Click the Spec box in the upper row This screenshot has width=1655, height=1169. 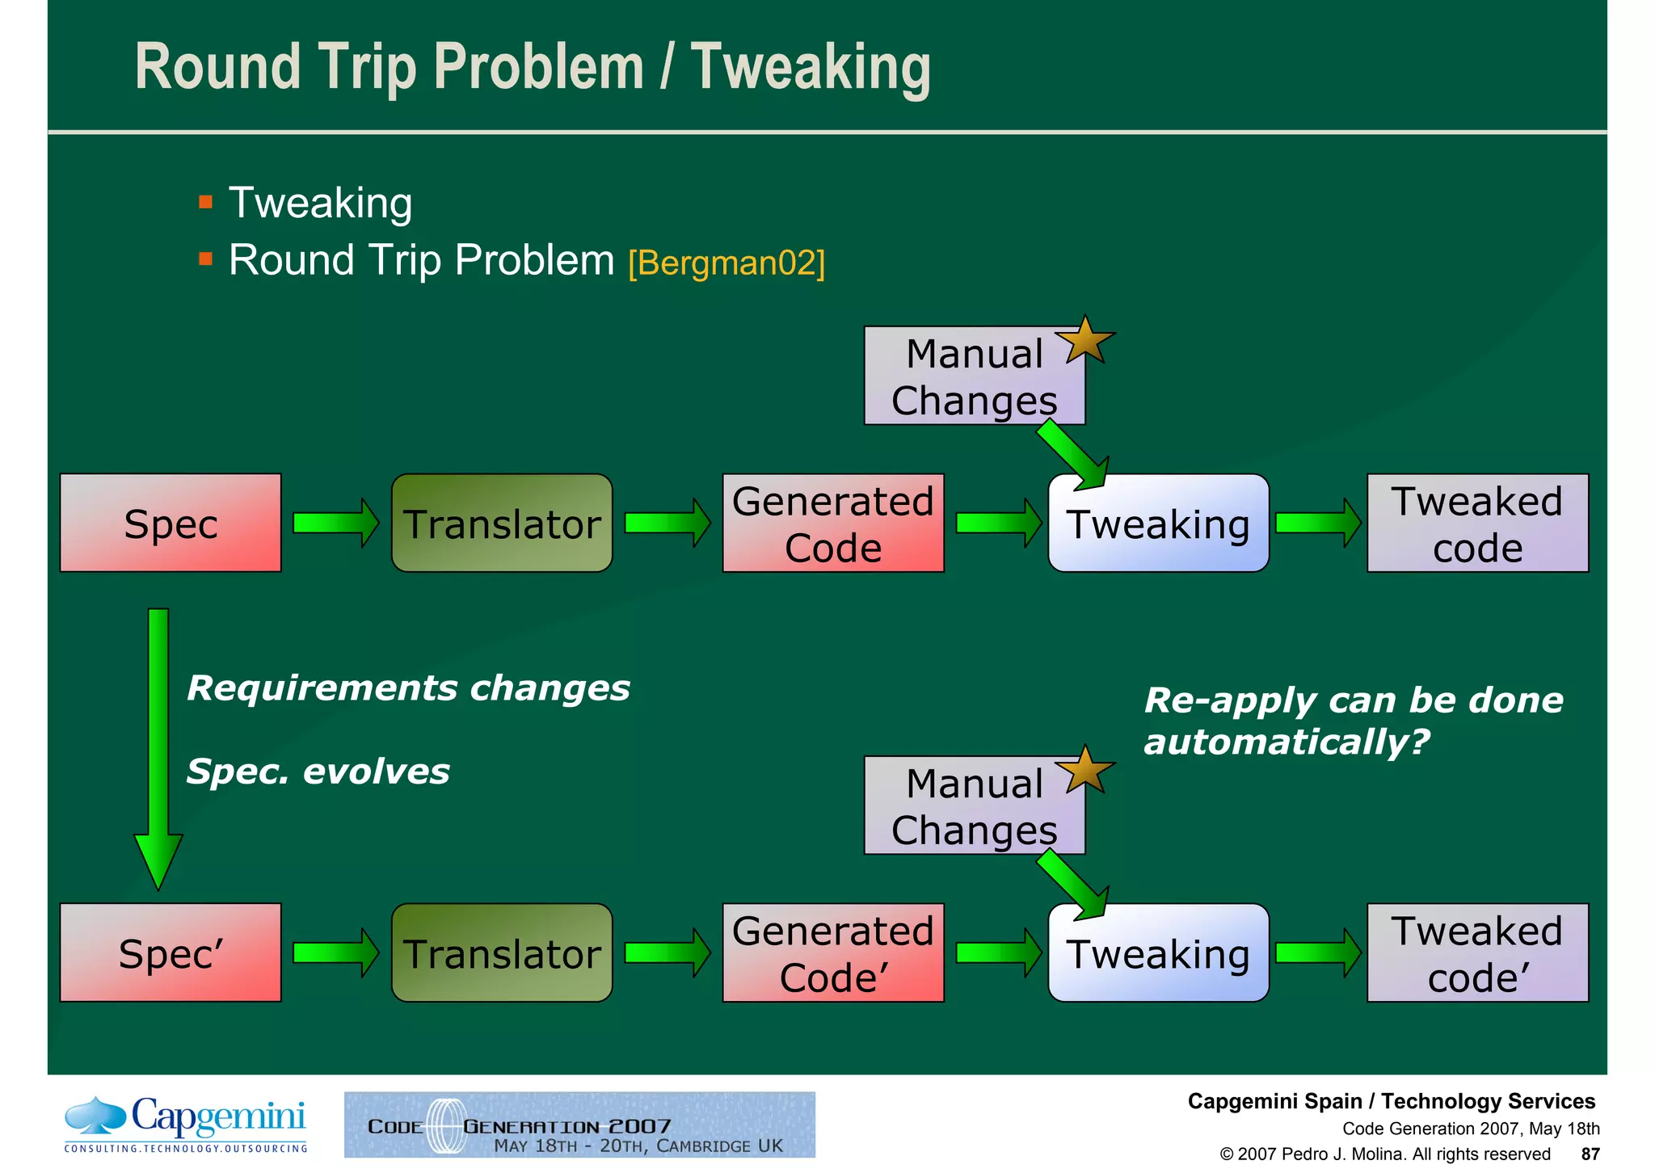pyautogui.click(x=171, y=524)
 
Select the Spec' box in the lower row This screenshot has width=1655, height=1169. pyautogui.click(x=171, y=953)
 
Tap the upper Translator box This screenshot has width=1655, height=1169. pyautogui.click(x=502, y=524)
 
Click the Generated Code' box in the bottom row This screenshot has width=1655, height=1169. pyautogui.click(x=833, y=953)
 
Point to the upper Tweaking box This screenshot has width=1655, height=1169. pyautogui.click(x=1158, y=524)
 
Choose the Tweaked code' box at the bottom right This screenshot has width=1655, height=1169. pyautogui.click(x=1477, y=953)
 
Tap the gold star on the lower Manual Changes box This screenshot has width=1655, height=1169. pyautogui.click(x=1086, y=771)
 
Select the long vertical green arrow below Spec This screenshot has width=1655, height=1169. pyautogui.click(x=158, y=743)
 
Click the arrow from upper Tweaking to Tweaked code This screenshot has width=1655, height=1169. pyautogui.click(x=1318, y=523)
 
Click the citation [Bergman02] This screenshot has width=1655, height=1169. pyautogui.click(x=726, y=263)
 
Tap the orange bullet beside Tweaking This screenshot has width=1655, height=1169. pyautogui.click(x=205, y=202)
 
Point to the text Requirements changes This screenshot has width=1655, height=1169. pyautogui.click(x=408, y=688)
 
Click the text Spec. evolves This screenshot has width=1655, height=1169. pyautogui.click(x=318, y=772)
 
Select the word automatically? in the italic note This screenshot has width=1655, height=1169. pyautogui.click(x=1287, y=742)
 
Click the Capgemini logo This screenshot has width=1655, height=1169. pyautogui.click(x=187, y=1124)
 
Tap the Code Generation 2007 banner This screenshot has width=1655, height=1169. pyautogui.click(x=579, y=1125)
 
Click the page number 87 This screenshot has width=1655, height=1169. pyautogui.click(x=1590, y=1154)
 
